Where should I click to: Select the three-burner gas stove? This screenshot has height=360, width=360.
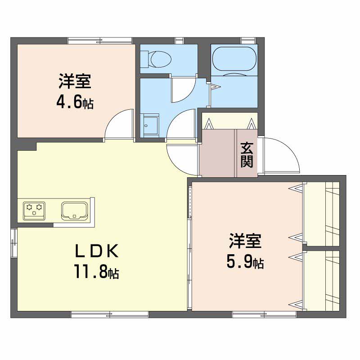(x=34, y=211)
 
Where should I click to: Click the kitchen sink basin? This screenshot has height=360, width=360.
(x=74, y=211)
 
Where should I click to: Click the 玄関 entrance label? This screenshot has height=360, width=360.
(x=247, y=155)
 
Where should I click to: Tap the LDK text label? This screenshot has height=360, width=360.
(x=97, y=251)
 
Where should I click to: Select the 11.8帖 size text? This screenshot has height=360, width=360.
(x=96, y=271)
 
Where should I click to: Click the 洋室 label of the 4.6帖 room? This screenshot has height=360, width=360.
(x=75, y=81)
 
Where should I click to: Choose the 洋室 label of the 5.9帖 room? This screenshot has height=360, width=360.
(x=245, y=241)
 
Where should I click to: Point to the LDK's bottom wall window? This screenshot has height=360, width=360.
(x=110, y=315)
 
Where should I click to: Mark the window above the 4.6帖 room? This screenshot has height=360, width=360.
(x=100, y=40)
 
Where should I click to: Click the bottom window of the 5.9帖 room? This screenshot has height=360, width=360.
(x=264, y=315)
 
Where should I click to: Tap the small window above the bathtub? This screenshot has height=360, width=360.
(x=248, y=40)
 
